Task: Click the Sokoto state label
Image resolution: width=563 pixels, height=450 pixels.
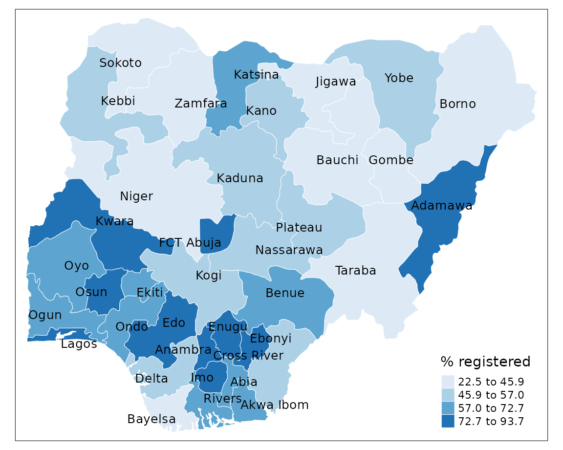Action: click(x=120, y=63)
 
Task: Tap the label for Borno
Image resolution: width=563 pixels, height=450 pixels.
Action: click(x=457, y=104)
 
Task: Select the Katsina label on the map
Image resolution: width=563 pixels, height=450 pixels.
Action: click(x=256, y=75)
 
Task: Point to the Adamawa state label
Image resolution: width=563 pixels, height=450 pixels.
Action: click(x=442, y=206)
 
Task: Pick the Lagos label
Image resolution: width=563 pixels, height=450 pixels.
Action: click(x=79, y=344)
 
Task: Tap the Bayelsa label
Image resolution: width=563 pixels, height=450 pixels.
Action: click(x=152, y=419)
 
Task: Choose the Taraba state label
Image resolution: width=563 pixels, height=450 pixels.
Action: click(x=355, y=271)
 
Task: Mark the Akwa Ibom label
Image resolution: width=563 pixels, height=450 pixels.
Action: click(x=275, y=405)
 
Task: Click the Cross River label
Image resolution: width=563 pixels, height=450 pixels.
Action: click(x=248, y=356)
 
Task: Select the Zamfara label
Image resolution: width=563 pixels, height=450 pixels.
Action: click(x=200, y=104)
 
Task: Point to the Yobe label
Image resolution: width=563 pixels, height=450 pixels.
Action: click(x=399, y=78)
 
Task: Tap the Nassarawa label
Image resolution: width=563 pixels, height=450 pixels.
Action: click(x=289, y=250)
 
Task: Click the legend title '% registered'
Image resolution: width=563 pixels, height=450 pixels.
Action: click(x=485, y=362)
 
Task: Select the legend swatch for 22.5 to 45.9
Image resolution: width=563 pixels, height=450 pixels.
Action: click(x=448, y=382)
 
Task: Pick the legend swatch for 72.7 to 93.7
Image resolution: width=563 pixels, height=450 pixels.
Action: click(x=448, y=421)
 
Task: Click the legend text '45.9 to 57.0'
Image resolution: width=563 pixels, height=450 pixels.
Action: click(x=491, y=395)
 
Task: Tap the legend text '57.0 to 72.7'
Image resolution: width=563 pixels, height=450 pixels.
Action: click(x=491, y=408)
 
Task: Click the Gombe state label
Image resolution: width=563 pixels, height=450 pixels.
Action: click(x=391, y=160)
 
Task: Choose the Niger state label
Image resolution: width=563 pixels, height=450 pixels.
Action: click(x=136, y=196)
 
